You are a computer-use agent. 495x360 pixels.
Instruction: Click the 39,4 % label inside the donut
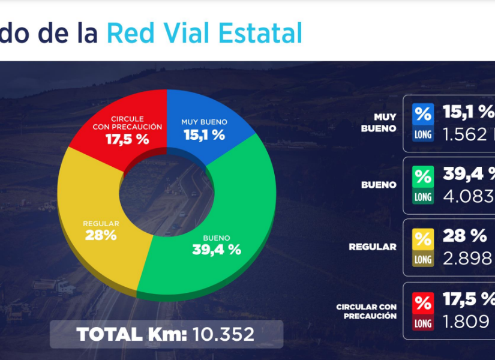pos(217,250)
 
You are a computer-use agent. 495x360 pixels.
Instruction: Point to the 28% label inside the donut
pos(101,235)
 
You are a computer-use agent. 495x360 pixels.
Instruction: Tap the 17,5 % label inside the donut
pos(127,140)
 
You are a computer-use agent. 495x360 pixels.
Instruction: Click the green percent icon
pos(423,176)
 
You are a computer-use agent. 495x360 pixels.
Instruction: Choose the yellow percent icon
pos(423,239)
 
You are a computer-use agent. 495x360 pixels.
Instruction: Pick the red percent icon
pos(423,302)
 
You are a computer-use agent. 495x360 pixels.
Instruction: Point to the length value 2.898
pos(467,258)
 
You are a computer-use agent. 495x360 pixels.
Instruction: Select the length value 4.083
pos(469,196)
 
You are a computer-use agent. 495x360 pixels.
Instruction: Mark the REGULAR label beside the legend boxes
pos(373,247)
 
